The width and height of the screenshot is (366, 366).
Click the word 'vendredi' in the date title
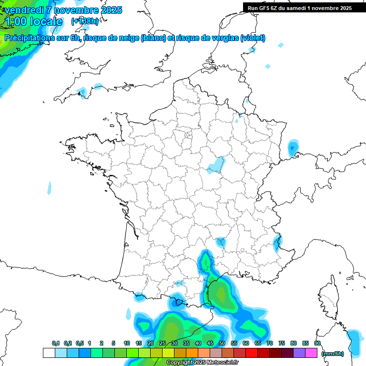point(23,10)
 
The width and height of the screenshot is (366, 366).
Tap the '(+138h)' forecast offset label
point(85,21)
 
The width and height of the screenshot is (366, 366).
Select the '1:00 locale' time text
point(33,21)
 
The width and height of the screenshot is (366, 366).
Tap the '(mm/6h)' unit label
point(333,354)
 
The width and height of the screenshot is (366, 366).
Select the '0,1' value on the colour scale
point(56,343)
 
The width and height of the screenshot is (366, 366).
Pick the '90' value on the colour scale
point(317,343)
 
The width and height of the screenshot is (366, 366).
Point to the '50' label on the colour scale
point(222,343)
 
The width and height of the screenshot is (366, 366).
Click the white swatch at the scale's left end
point(49,353)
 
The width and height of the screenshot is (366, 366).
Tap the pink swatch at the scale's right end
point(311,353)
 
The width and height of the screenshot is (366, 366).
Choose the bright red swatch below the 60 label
point(252,353)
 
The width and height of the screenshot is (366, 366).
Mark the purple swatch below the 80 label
point(299,353)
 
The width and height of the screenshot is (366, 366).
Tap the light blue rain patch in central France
point(216,165)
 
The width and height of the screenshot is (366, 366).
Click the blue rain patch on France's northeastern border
point(293,148)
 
